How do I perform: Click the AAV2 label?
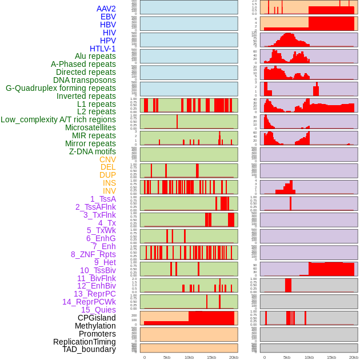[106, 9]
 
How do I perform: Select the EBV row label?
[108, 17]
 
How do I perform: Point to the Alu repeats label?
[95, 56]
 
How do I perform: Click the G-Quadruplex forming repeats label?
[61, 88]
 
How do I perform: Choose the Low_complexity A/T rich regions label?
[58, 119]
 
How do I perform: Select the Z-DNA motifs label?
[93, 151]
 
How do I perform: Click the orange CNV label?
[107, 159]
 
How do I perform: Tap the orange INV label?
[109, 191]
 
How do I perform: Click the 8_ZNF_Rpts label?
[93, 254]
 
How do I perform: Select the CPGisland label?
[97, 318]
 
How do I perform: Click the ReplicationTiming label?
[85, 342]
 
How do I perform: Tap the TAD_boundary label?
[89, 349]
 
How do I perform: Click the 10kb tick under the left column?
[189, 357]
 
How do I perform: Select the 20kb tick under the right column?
[354, 357]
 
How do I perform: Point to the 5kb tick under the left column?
[167, 357]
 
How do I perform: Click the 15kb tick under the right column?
[331, 357]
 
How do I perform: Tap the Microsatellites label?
[90, 127]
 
